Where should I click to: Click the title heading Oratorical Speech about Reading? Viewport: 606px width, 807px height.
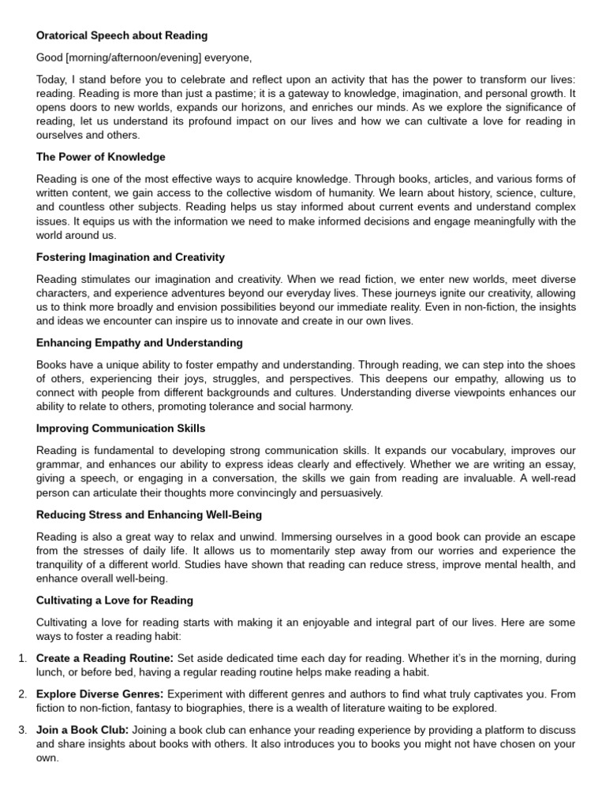[122, 35]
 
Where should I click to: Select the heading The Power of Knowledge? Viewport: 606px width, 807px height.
[101, 157]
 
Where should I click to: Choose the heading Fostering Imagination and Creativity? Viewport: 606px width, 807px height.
[130, 257]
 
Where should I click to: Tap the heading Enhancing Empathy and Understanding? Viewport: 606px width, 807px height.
[139, 343]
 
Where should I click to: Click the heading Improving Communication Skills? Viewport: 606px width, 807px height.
[121, 429]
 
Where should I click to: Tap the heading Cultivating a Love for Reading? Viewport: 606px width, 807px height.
[114, 601]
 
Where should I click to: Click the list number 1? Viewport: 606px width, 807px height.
[21, 658]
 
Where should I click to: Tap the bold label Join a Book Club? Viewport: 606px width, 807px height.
[83, 730]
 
